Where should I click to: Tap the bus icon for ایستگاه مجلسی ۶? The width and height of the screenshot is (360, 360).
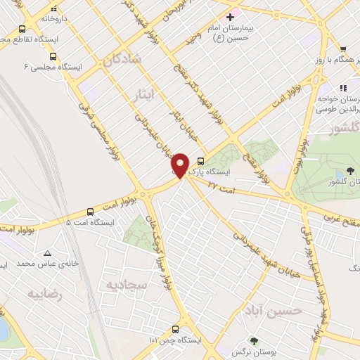53,56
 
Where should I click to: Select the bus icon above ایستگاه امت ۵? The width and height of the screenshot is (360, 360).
90,212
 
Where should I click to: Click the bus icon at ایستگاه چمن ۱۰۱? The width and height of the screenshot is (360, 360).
175,328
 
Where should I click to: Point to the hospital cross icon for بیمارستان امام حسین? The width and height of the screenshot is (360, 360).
230,16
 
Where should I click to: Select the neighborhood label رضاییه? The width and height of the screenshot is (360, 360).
45,294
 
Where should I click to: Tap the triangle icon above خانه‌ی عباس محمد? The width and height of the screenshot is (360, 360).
47,253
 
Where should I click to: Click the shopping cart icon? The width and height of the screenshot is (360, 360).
343,49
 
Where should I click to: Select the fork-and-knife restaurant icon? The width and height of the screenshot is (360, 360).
344,89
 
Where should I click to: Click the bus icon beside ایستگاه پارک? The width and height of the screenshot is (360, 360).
202,160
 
